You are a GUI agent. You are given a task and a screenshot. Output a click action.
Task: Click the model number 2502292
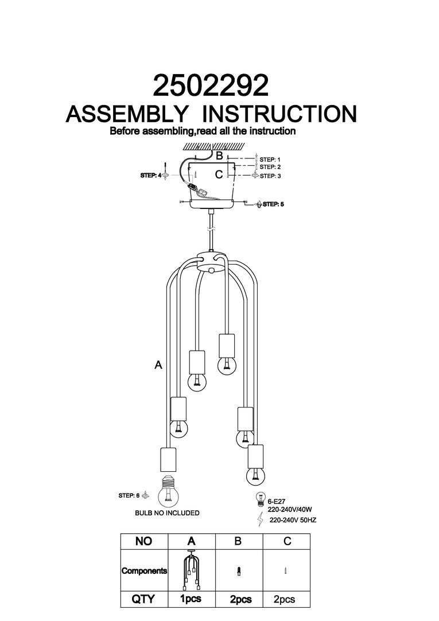[x=211, y=86]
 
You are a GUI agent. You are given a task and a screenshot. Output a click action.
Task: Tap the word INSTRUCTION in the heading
[x=281, y=114]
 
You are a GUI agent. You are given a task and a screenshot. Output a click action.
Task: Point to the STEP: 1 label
[x=270, y=159]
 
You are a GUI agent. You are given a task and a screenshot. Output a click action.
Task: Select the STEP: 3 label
[x=270, y=176]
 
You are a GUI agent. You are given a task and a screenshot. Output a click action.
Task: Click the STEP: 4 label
[x=151, y=176]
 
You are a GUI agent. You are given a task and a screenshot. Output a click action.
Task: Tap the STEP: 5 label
[x=273, y=204]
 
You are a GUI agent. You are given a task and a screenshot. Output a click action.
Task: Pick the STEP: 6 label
[x=129, y=495]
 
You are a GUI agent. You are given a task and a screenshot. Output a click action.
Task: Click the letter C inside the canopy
[x=219, y=175]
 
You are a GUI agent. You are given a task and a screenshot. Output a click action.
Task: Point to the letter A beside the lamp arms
[x=158, y=364]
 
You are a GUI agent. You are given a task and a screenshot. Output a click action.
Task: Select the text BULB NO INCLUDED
[x=167, y=513]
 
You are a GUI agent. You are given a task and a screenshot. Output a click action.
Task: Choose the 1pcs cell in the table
[x=192, y=599]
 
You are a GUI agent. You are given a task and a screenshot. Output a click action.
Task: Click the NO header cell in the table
[x=143, y=541]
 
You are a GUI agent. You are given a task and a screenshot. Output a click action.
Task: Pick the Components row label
[x=144, y=571]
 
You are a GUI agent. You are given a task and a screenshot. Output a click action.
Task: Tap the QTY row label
[x=143, y=599]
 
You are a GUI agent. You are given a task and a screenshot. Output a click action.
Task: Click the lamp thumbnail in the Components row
[x=192, y=570]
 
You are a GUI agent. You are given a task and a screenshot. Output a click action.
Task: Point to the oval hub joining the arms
[x=211, y=261]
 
